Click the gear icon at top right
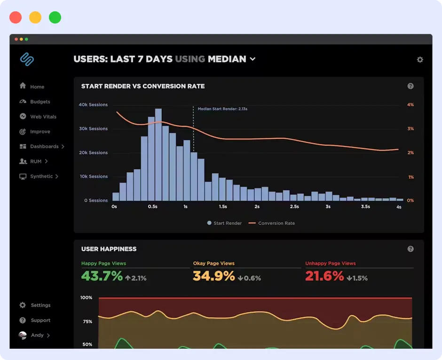[x=420, y=60]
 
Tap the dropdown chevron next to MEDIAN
[x=253, y=59]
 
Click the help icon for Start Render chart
[x=410, y=86]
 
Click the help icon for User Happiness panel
[x=410, y=249]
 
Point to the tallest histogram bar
[x=158, y=154]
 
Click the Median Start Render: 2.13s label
[x=222, y=109]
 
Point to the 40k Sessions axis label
[x=93, y=104]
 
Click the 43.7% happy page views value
[x=102, y=276]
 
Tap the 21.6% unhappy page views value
[x=324, y=276]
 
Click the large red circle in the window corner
[x=16, y=18]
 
